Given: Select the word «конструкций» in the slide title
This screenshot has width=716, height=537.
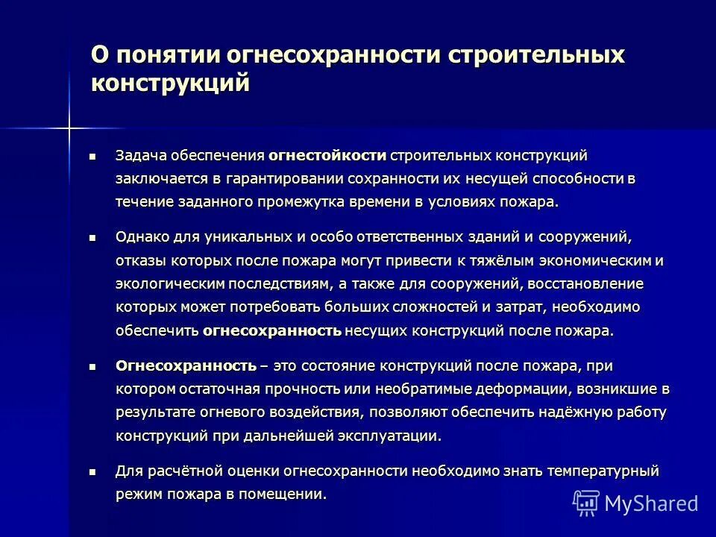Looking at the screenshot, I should pyautogui.click(x=170, y=83).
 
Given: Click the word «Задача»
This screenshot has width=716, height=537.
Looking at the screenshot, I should pyautogui.click(x=140, y=155).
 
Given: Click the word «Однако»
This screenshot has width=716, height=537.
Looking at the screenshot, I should pyautogui.click(x=140, y=237).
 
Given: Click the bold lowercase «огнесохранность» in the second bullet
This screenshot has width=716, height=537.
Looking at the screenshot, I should pyautogui.click(x=272, y=330).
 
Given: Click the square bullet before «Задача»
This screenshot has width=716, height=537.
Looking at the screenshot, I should pyautogui.click(x=92, y=156).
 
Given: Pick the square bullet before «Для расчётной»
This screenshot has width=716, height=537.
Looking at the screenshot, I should pyautogui.click(x=92, y=472).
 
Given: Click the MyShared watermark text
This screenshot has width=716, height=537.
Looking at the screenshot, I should pyautogui.click(x=650, y=503).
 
